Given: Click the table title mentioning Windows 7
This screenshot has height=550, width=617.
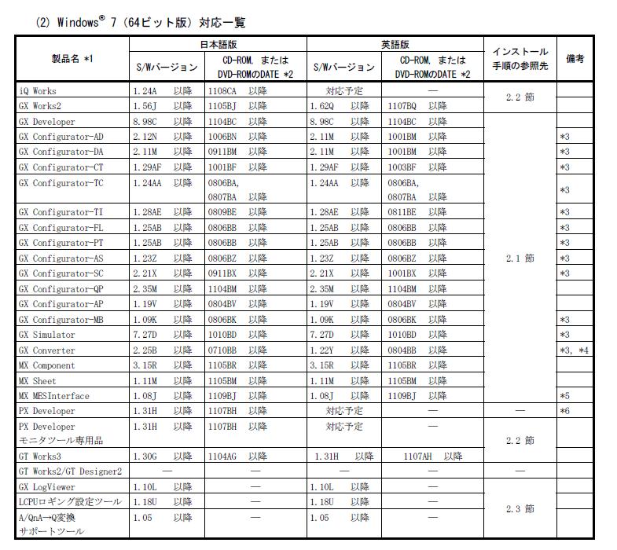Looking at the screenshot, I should (x=141, y=22).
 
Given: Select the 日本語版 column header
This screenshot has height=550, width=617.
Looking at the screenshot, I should (x=217, y=44).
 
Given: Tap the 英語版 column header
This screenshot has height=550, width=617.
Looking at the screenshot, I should (x=394, y=44).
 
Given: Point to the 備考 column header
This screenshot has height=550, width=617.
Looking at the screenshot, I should (x=575, y=59).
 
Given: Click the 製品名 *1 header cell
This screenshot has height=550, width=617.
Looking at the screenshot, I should (x=72, y=59).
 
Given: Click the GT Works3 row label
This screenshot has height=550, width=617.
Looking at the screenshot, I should (x=40, y=456).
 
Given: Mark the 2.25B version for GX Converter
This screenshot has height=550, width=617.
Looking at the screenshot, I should (x=146, y=350).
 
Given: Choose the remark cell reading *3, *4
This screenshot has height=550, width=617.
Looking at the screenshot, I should (x=575, y=350).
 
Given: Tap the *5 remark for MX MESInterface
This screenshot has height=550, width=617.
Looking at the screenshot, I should (x=564, y=395).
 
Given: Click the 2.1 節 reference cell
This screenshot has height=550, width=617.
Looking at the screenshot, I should (x=519, y=258).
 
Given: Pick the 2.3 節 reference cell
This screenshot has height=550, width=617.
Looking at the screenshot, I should (x=519, y=509).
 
